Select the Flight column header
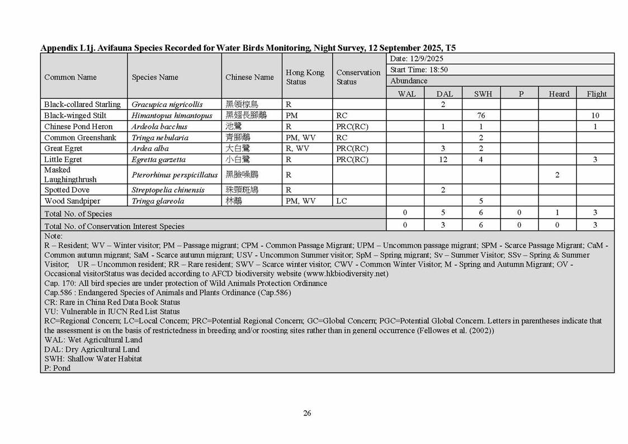click(x=596, y=94)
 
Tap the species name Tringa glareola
click(x=158, y=201)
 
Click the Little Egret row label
click(x=63, y=159)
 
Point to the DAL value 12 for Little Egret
click(x=443, y=159)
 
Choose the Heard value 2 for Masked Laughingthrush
click(x=557, y=175)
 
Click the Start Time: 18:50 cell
click(x=419, y=70)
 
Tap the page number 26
click(x=307, y=413)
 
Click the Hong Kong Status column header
click(x=305, y=77)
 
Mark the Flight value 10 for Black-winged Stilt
click(x=595, y=116)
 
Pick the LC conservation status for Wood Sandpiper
click(x=342, y=201)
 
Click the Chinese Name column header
click(x=249, y=77)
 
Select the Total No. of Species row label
click(x=78, y=214)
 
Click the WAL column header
click(x=407, y=94)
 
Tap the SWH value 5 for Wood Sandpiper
click(x=481, y=201)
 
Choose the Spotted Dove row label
click(x=67, y=190)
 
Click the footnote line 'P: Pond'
click(x=58, y=369)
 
